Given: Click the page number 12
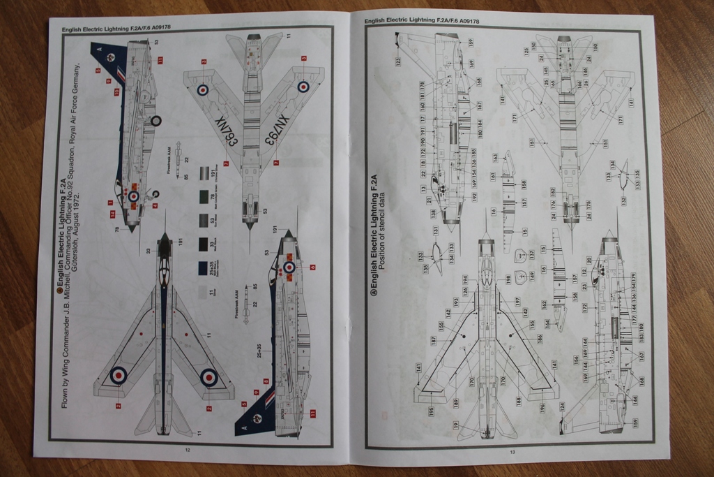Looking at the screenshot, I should [187, 450].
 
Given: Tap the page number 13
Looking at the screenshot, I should [512, 453].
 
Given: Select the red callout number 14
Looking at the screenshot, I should [112, 203].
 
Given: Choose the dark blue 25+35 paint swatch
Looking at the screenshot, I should [202, 267].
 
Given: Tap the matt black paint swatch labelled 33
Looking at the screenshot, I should [202, 244].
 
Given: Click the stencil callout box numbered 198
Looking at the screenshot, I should [508, 279].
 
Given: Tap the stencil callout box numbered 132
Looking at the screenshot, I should [623, 200].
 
